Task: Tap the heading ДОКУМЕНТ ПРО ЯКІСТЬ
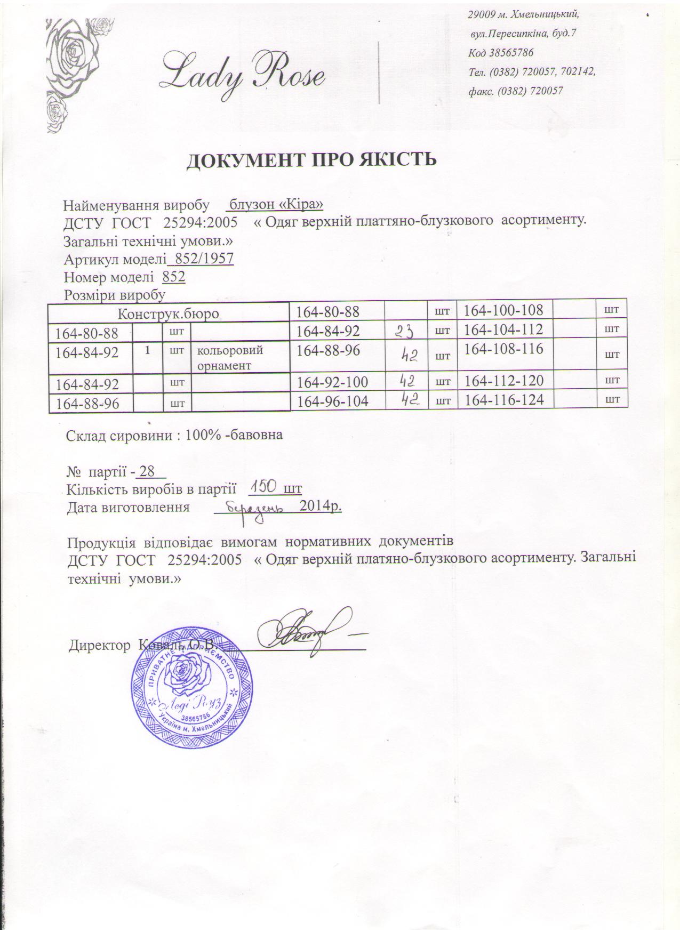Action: click(x=311, y=160)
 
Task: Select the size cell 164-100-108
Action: click(x=503, y=310)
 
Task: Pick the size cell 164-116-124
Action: click(x=505, y=399)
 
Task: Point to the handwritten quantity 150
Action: click(x=263, y=486)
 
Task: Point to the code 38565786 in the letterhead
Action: click(x=501, y=53)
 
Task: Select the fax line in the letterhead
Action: click(x=515, y=91)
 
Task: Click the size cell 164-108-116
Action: click(x=503, y=350)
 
